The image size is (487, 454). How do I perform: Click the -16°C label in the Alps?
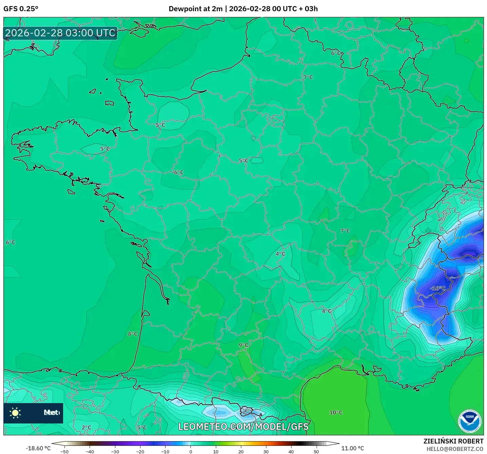[x=437, y=288]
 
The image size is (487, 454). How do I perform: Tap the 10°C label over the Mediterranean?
[x=336, y=413]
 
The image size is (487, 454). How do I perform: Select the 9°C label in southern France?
[x=243, y=345]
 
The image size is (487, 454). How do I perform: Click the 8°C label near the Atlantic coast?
[x=133, y=334]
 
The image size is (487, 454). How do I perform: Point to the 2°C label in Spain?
[x=87, y=428]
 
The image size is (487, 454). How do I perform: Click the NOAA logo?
[x=470, y=421]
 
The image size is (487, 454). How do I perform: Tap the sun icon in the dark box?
[x=15, y=413]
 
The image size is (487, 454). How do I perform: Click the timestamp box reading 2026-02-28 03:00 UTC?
[x=60, y=33]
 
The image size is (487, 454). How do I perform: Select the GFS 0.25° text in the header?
[x=21, y=9]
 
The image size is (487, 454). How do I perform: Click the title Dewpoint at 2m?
[x=195, y=9]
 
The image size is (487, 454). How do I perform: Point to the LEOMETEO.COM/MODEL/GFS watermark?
[x=243, y=427]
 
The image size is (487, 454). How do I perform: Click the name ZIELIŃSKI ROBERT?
[x=453, y=441]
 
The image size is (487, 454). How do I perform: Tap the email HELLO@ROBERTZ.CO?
[x=455, y=449]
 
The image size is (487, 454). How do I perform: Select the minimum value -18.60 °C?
[x=38, y=448]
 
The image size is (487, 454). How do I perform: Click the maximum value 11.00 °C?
[x=353, y=448]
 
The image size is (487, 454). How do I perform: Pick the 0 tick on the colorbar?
[x=191, y=451]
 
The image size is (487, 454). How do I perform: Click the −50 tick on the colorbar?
[x=64, y=451]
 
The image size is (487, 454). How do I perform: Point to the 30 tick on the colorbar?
[x=266, y=451]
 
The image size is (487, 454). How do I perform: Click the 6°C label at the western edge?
[x=11, y=242]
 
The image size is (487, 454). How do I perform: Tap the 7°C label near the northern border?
[x=308, y=77]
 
